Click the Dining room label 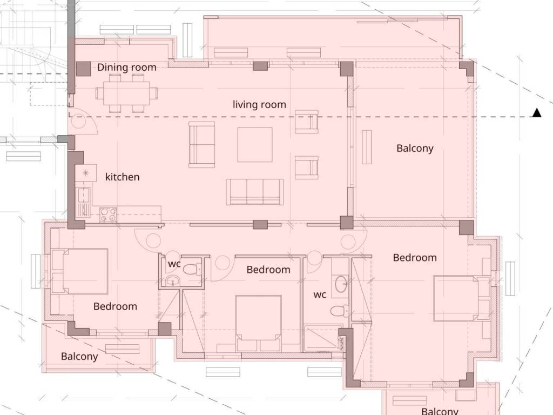126,67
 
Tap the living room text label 259,104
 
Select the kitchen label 123,177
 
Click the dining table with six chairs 126,93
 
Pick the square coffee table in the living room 255,144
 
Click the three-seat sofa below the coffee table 255,192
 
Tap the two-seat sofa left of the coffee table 202,145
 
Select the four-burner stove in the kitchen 108,214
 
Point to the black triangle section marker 536,112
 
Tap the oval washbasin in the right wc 341,284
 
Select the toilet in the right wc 339,311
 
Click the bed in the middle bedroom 259,323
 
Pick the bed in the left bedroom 80,271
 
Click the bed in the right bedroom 461,298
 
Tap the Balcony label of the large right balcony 415,148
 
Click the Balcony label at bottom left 79,357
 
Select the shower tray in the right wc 323,339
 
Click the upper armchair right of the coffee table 307,122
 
